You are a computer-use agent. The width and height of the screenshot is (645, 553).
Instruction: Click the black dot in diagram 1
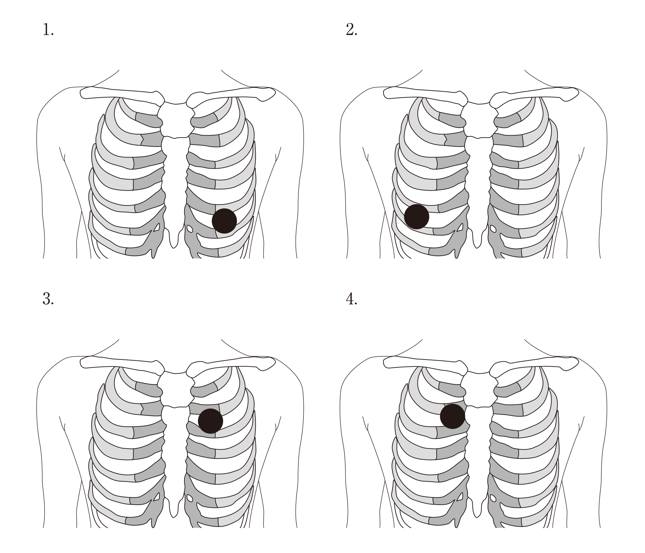tap(224, 221)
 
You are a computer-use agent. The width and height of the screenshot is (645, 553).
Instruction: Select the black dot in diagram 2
tap(417, 217)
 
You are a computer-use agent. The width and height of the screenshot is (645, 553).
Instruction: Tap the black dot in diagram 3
tap(210, 421)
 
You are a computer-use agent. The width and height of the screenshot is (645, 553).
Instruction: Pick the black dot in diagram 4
tap(453, 416)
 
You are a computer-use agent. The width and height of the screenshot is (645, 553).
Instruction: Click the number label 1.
tap(48, 30)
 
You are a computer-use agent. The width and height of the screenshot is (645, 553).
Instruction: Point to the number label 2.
tap(351, 30)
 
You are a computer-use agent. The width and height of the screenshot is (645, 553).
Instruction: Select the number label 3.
tap(48, 299)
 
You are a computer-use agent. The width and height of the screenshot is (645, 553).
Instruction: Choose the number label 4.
tap(351, 299)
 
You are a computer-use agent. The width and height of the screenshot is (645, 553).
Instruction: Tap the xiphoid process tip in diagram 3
tap(174, 515)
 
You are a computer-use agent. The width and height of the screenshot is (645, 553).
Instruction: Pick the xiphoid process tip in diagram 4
tap(477, 515)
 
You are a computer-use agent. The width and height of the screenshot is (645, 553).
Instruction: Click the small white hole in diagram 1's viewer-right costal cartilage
tap(190, 228)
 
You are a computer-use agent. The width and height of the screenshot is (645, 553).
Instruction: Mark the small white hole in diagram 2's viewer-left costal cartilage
tap(460, 227)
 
